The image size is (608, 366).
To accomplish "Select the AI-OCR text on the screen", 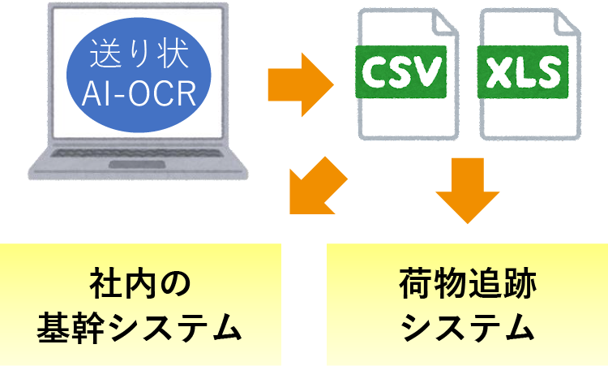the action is tap(139, 93).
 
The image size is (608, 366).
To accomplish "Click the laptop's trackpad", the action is tap(137, 165).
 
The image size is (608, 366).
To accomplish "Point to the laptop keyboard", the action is tap(137, 153).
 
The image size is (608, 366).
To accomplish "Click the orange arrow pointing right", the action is tap(301, 84).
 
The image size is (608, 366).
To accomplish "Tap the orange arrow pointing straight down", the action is tap(468, 190).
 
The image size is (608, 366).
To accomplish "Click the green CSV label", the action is tap(401, 71).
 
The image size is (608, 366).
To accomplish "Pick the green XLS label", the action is tap(523, 71).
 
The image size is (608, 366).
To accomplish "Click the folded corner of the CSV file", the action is tap(444, 23).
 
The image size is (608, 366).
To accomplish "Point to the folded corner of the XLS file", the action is tap(567, 23).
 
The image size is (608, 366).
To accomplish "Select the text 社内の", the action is tap(140, 284).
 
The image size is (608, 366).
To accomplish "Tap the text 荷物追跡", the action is tap(468, 284).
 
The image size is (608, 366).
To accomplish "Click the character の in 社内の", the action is tap(176, 285).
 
